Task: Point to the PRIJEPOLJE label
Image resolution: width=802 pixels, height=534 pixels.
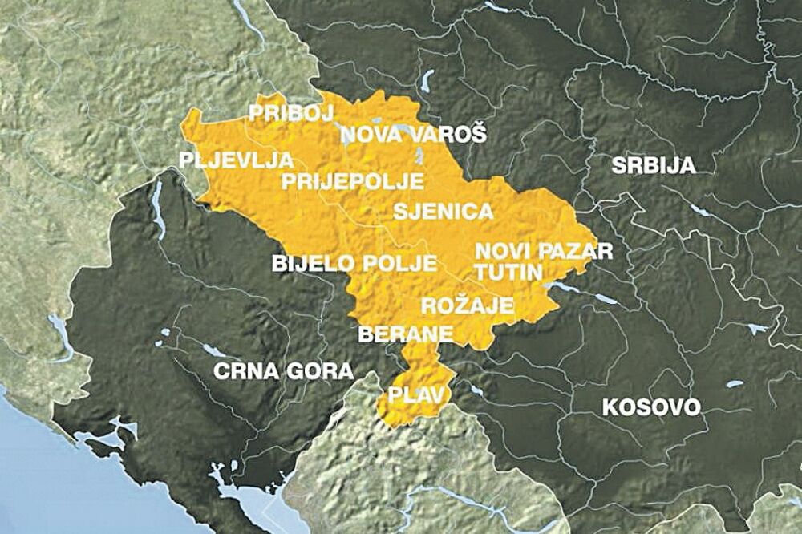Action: coord(352,181)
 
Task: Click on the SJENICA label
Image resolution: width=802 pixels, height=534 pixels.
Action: coord(442,212)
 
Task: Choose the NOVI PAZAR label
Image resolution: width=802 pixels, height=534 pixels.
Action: coord(543,250)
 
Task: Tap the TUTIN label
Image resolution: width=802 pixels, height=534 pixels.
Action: coord(508,272)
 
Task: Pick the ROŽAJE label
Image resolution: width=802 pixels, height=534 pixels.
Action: coord(468,305)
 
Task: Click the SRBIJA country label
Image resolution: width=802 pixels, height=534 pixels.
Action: coord(652,166)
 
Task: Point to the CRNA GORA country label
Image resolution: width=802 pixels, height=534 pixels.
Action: coord(283,370)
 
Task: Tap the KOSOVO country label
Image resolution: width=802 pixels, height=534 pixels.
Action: coord(650,407)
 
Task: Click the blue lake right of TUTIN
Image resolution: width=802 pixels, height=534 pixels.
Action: coord(561,285)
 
